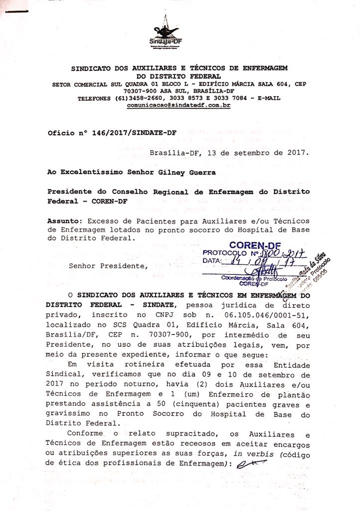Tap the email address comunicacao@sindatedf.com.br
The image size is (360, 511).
179,106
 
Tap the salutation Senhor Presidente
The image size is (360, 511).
108,265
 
